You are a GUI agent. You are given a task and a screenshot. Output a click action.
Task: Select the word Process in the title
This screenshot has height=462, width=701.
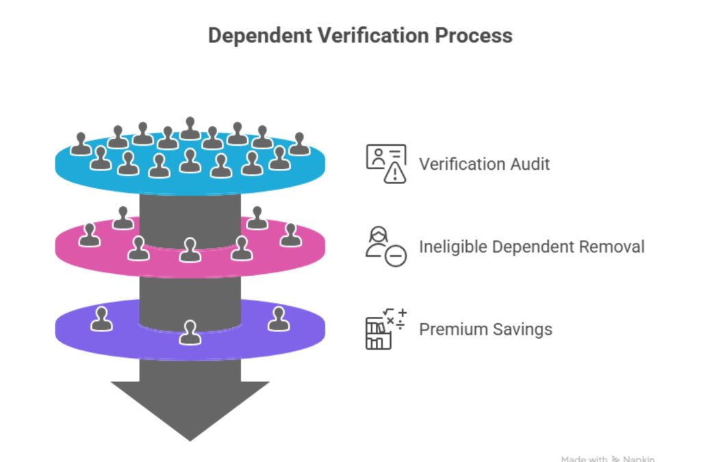tap(474, 36)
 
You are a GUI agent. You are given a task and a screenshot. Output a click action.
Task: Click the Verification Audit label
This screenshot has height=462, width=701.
tap(484, 164)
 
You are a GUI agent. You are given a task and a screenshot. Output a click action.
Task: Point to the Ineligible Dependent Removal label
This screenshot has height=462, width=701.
tap(531, 246)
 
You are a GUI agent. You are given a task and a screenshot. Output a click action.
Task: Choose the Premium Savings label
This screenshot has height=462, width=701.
tap(485, 329)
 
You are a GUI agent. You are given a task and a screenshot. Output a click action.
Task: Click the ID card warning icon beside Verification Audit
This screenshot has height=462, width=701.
tap(386, 164)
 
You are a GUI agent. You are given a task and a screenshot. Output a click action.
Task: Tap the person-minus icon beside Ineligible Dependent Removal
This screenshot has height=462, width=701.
tap(385, 246)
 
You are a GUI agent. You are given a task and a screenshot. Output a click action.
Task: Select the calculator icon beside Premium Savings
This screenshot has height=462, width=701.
tap(385, 329)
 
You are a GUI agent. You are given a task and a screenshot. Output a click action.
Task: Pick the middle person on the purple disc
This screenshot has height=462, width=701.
tap(190, 333)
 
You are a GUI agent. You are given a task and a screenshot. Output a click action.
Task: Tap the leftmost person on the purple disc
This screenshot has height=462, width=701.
tap(101, 319)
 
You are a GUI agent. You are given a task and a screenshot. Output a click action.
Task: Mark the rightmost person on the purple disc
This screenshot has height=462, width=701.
tap(279, 319)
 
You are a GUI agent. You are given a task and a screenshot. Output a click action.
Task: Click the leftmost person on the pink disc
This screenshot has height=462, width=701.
tap(89, 235)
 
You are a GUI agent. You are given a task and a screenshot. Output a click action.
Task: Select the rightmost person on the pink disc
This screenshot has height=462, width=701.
tap(290, 235)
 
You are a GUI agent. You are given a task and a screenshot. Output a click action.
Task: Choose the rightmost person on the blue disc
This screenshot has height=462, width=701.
tap(299, 144)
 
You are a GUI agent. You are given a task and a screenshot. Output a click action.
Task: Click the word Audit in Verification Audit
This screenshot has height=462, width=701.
tap(530, 164)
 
